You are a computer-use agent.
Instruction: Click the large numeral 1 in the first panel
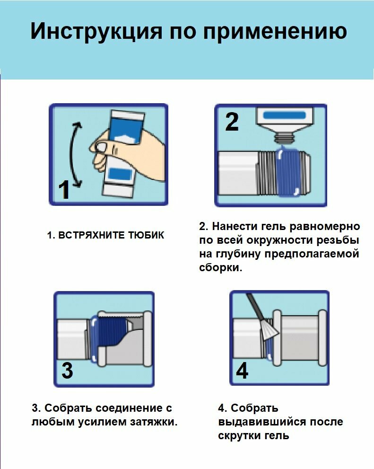click(x=64, y=190)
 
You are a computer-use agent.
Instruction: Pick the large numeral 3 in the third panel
click(x=67, y=371)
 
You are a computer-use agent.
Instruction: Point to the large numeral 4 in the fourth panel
click(x=242, y=371)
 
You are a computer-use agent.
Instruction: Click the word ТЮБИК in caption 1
click(x=147, y=235)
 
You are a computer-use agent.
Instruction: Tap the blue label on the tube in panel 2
click(x=284, y=115)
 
